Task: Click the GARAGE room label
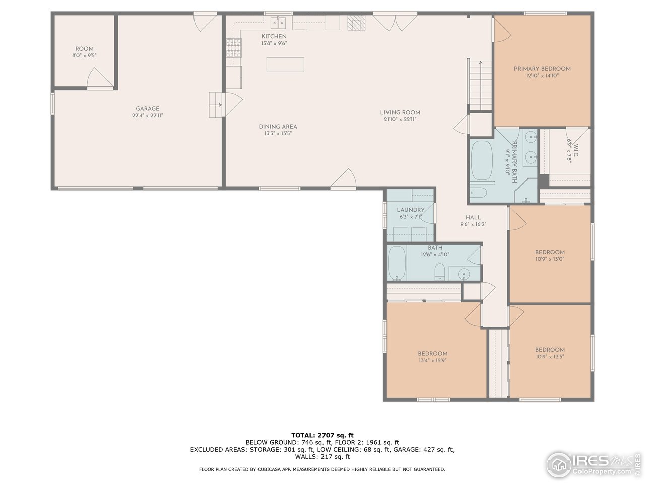coord(147,109)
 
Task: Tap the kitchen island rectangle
coord(285,65)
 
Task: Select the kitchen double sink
coord(278,23)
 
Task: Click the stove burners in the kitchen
coord(234,48)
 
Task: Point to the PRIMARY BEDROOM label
coord(542,69)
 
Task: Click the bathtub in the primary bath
coord(482,160)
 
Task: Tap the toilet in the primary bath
coord(478,192)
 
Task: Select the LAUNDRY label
coord(411,210)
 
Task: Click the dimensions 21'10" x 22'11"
coord(400,119)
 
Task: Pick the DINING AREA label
coord(278,127)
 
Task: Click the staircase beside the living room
coord(480,85)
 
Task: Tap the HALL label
coord(473,217)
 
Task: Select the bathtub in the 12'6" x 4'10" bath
coord(397,263)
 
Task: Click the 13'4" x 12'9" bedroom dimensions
coord(432,360)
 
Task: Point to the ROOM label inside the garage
coord(84,49)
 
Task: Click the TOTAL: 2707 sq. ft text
coord(322,435)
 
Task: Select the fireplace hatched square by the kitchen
coord(356,23)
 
